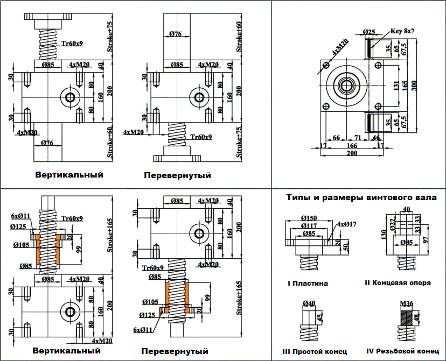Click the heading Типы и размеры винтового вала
[x=361, y=197]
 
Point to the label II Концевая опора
[x=398, y=283]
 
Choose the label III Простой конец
[x=314, y=351]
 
